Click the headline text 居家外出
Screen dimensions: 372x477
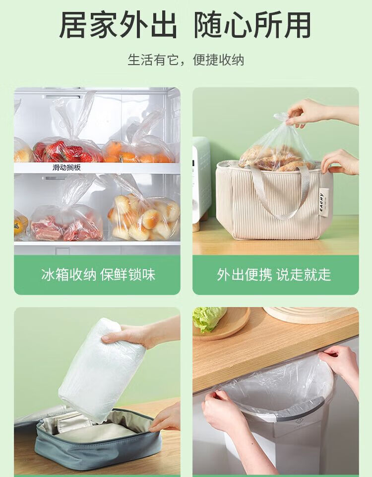click(119, 25)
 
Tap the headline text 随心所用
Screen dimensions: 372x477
click(252, 25)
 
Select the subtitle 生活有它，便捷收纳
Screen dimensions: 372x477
click(186, 60)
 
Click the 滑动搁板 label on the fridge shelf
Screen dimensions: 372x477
click(66, 167)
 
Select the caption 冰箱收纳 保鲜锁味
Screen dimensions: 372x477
click(98, 275)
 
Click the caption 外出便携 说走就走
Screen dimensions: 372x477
click(274, 275)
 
